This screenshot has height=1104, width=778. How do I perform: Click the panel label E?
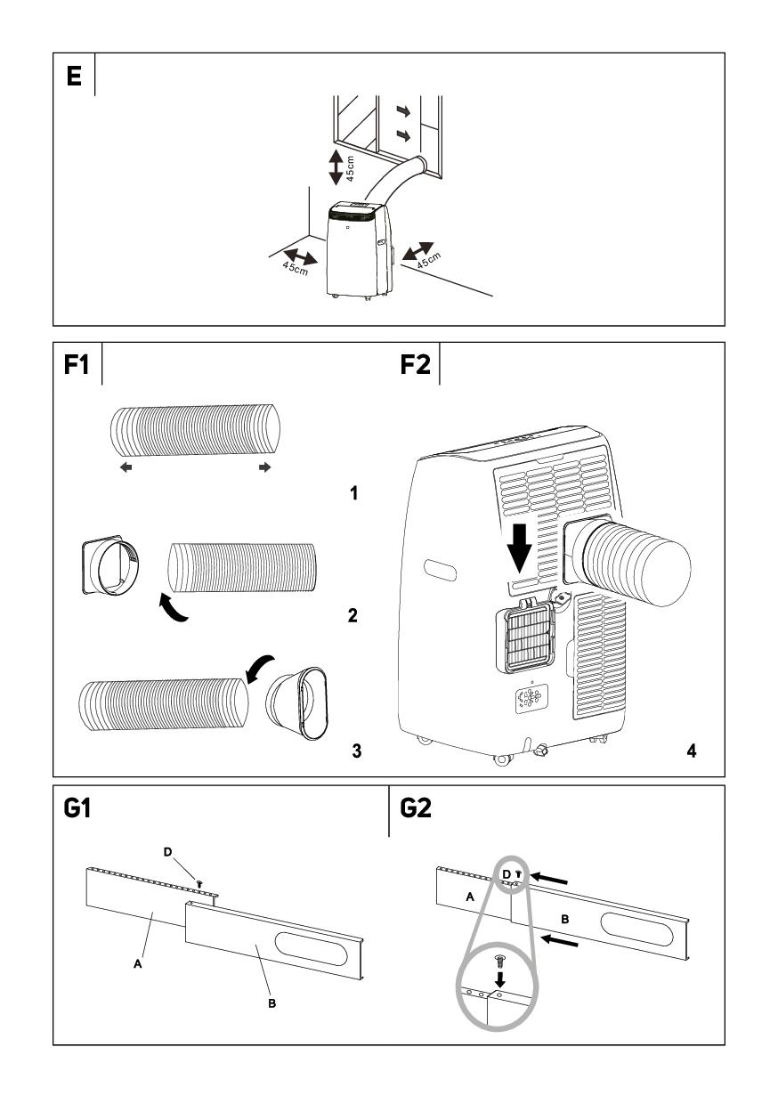[73, 76]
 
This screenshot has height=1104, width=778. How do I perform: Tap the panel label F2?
[416, 365]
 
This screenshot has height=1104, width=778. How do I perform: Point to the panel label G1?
[79, 808]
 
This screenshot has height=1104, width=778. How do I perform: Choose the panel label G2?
[417, 808]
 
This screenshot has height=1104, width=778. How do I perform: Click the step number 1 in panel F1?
[354, 492]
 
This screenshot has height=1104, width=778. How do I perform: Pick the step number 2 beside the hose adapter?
[353, 615]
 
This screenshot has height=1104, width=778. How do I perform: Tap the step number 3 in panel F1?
[356, 751]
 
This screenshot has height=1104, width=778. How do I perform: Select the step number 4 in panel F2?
[691, 751]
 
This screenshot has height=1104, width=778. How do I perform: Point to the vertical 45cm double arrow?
[336, 166]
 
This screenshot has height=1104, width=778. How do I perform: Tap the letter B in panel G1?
[272, 1003]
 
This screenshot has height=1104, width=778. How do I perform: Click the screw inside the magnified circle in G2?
[499, 961]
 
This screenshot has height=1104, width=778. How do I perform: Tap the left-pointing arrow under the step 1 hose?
[126, 467]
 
